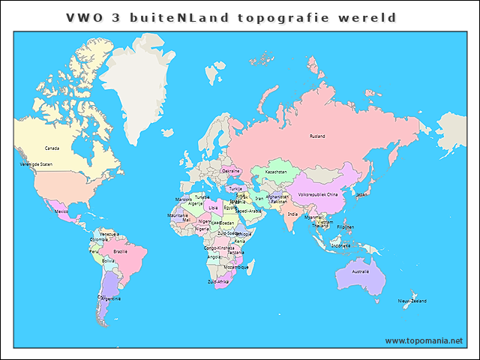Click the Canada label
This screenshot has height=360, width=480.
tap(52, 148)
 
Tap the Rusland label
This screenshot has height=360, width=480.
tap(318, 136)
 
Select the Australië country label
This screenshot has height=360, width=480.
tap(361, 271)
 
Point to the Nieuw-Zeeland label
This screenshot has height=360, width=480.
tap(412, 301)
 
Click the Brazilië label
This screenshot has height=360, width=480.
tap(120, 251)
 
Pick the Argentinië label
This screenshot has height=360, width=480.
tap(109, 298)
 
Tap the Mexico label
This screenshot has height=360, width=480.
tap(62, 211)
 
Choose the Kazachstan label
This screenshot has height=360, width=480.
tap(276, 172)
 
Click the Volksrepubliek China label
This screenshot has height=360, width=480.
tap(319, 195)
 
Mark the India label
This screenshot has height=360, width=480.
tap(292, 214)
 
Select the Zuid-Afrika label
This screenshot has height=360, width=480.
tap(218, 281)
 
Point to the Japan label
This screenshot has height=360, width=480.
tap(362, 194)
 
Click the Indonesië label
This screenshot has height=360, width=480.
tap(340, 244)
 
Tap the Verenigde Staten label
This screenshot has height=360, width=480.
tap(36, 163)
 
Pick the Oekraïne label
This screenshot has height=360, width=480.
tap(231, 171)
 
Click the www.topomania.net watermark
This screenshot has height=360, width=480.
tap(424, 340)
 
